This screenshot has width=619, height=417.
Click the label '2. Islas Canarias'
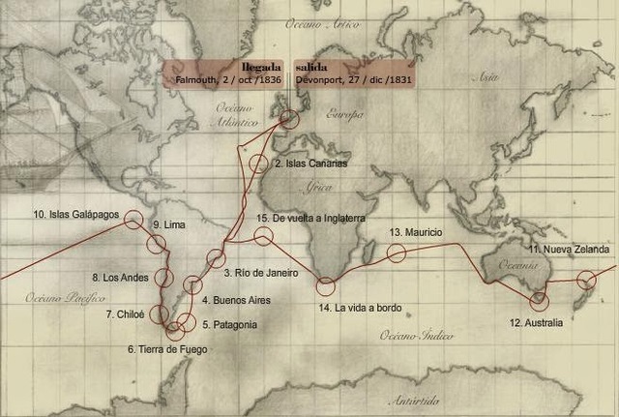(x=310, y=164)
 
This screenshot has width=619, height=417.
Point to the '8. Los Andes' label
(x=120, y=278)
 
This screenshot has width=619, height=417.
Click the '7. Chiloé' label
(x=126, y=314)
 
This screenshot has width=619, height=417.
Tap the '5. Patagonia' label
(x=229, y=324)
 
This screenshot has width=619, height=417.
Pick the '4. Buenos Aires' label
(x=235, y=300)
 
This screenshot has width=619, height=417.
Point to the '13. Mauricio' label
(x=415, y=233)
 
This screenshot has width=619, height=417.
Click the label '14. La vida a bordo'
(x=360, y=308)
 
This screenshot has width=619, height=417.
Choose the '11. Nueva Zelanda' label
(x=569, y=250)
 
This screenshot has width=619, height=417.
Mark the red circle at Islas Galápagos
(x=133, y=220)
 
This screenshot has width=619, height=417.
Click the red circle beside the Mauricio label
(x=396, y=253)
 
